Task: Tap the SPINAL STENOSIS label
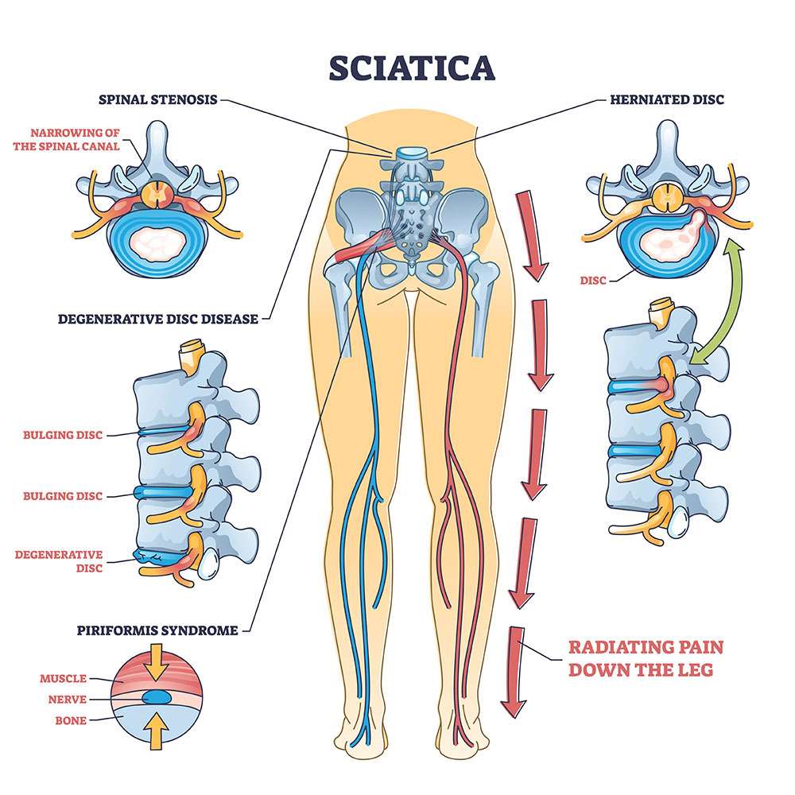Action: (157, 101)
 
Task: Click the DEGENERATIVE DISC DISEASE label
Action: (158, 320)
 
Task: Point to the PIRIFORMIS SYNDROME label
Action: (157, 631)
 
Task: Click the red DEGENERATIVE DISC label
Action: (59, 561)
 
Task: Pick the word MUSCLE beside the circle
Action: (63, 679)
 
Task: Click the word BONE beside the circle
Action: (71, 721)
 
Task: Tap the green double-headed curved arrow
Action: (716, 302)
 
